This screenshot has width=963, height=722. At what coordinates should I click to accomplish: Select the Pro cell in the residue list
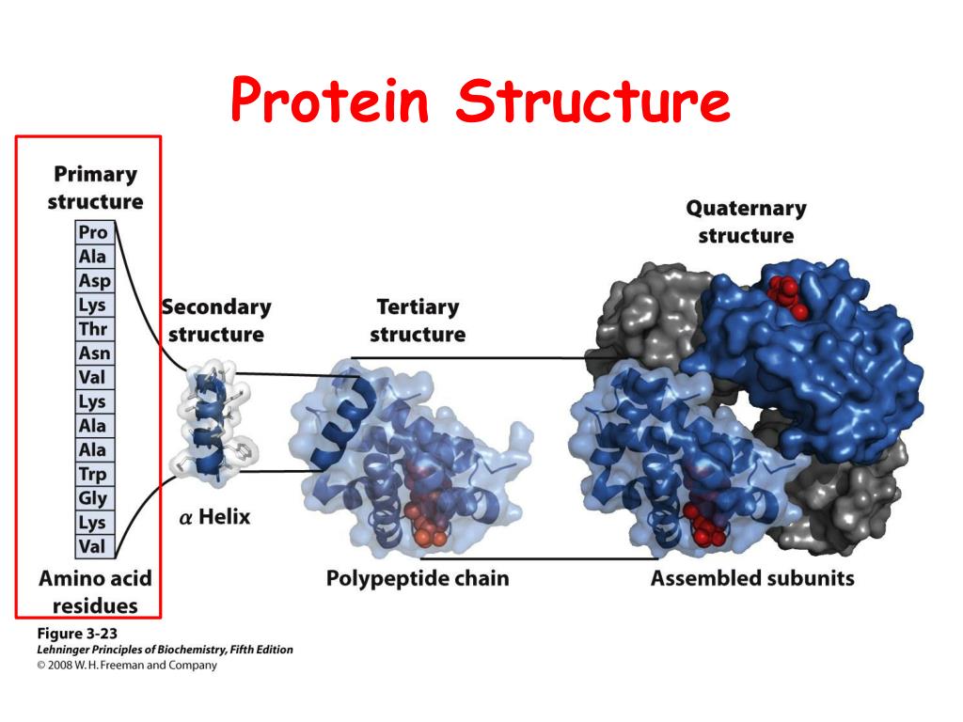coord(93,232)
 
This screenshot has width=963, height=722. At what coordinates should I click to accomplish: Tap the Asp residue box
coord(93,280)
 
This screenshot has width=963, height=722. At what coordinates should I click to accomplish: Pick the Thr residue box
coord(93,329)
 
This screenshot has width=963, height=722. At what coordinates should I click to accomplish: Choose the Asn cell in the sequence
coord(93,353)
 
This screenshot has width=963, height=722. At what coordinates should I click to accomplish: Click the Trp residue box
coord(93,475)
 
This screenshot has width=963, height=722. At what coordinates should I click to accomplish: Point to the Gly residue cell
coord(93,498)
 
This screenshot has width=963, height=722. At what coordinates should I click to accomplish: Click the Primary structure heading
coord(95,188)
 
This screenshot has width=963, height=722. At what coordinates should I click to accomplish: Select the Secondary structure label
coord(215,321)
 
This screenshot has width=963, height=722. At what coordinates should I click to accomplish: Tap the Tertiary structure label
coord(418,321)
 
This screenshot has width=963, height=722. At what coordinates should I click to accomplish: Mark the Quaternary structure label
coord(746,222)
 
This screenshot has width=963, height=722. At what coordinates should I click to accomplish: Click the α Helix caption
coord(214,516)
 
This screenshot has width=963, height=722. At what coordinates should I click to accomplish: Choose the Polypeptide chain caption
coord(417,578)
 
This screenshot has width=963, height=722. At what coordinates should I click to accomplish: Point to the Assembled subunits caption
coord(752,578)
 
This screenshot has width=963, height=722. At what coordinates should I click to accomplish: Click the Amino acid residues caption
coord(94,591)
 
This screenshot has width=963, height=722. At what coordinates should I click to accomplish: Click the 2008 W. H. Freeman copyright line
coord(126,666)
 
